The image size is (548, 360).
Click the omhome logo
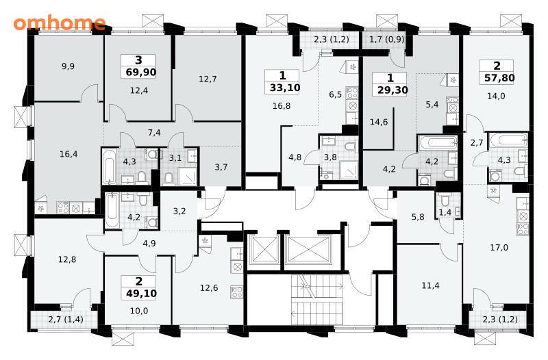click(60, 23)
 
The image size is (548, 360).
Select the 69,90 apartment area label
click(138, 73)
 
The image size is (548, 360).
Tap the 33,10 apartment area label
click(285, 88)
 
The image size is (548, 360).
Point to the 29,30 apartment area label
click(393, 90)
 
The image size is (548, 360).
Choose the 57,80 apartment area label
click(499, 78)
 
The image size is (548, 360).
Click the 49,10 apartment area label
click(141, 294)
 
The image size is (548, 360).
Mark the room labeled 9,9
click(68, 66)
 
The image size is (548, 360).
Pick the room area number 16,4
click(68, 154)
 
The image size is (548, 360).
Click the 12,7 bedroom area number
click(208, 79)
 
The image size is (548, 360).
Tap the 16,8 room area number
click(282, 105)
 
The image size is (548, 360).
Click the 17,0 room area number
click(499, 248)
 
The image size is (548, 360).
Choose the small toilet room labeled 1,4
click(445, 212)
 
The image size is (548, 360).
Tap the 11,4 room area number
click(430, 285)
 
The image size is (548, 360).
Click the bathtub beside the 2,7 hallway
click(508, 140)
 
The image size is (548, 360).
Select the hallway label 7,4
click(154, 133)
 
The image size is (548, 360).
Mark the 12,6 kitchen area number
click(209, 288)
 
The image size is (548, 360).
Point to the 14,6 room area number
click(379, 122)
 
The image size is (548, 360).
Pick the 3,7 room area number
click(221, 167)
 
